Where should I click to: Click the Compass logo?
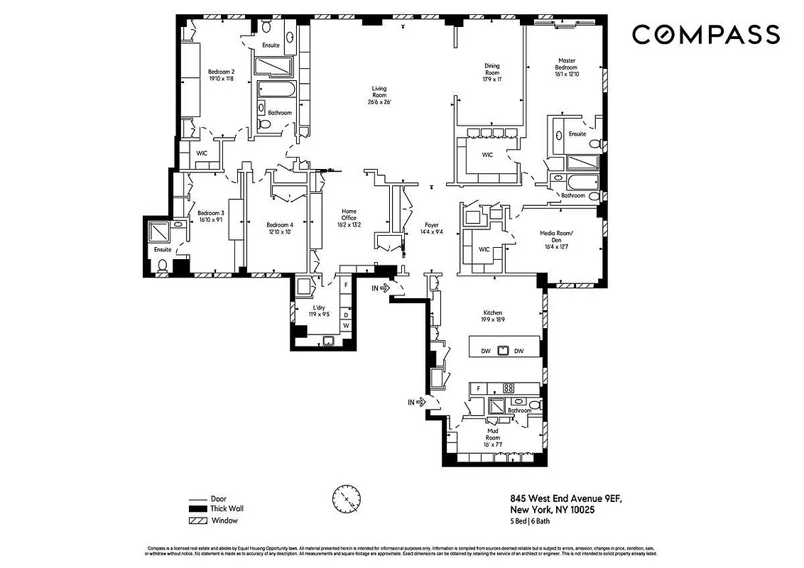pyautogui.click(x=705, y=34)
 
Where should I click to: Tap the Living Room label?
pyautogui.click(x=379, y=95)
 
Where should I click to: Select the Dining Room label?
pyautogui.click(x=492, y=72)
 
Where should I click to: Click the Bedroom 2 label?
pyautogui.click(x=221, y=75)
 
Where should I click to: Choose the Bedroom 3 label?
pyautogui.click(x=211, y=217)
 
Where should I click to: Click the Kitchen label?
pyautogui.click(x=493, y=317)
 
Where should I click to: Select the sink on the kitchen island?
pyautogui.click(x=504, y=351)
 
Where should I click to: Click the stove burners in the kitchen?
pyautogui.click(x=509, y=388)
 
